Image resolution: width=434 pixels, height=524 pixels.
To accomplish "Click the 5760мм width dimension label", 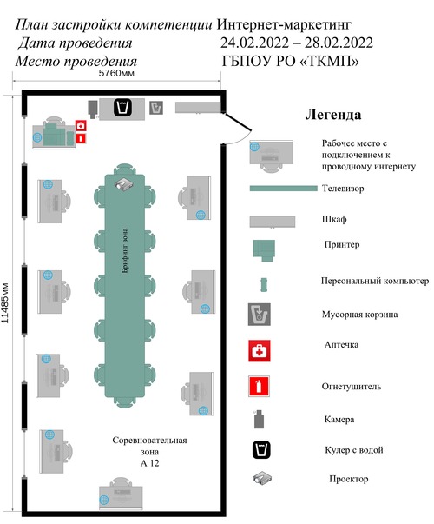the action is [x=116, y=73].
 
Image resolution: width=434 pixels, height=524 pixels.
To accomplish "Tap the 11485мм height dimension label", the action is [x=5, y=303].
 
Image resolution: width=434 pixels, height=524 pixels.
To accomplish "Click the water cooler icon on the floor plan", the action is [x=122, y=108].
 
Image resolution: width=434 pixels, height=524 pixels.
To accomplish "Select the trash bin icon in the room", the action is [x=156, y=108].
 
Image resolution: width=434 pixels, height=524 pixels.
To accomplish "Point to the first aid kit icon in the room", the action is [x=81, y=126].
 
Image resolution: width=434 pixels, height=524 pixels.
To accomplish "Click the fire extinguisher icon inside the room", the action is [x=81, y=138].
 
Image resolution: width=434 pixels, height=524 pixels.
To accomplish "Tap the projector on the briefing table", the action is [x=124, y=184].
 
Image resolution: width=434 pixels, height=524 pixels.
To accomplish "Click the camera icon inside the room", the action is [x=93, y=109].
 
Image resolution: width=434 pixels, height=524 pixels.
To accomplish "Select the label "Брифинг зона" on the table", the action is [x=125, y=250].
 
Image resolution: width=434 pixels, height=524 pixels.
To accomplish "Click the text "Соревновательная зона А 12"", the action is [x=149, y=452].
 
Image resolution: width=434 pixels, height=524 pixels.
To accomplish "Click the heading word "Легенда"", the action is [x=333, y=115].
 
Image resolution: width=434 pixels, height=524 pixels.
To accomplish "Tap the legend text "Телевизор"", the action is [x=343, y=189].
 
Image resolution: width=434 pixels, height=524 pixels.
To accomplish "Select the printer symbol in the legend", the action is [x=264, y=250].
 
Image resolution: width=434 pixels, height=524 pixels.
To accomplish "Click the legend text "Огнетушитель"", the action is [x=352, y=387].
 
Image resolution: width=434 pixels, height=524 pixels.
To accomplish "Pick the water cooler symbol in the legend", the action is [x=261, y=450].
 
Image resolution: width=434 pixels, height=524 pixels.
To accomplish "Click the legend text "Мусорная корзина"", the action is [x=359, y=315].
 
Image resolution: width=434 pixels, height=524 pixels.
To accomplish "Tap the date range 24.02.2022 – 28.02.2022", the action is [x=297, y=43].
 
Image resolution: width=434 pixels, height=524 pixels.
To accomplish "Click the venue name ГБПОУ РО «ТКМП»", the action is [x=291, y=61].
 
